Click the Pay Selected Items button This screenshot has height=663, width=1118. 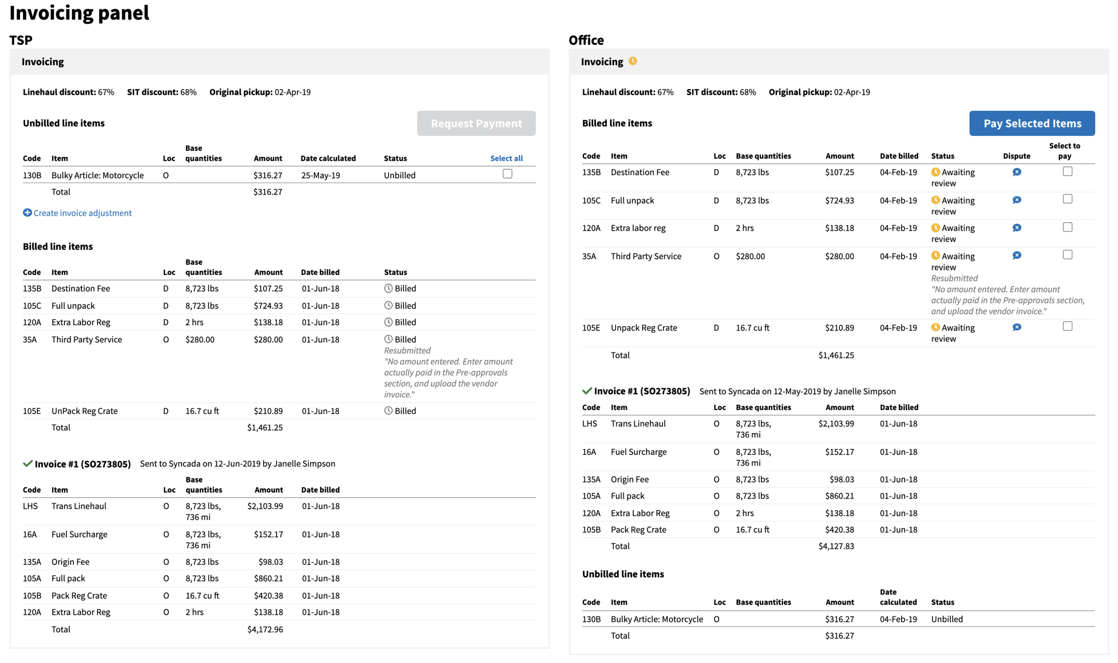coord(1032,123)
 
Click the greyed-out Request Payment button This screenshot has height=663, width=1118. coord(476,123)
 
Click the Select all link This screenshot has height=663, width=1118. coord(506,158)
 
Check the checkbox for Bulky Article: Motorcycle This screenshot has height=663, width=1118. coord(507,173)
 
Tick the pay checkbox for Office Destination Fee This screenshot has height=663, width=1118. coord(1067,171)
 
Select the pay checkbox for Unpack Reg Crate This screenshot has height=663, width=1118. coord(1067,326)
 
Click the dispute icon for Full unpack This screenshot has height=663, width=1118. coord(1016,200)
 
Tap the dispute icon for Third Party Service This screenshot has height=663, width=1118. coord(1016,255)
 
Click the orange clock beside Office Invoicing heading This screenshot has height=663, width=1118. coord(632,61)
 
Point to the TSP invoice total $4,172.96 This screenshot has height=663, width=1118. coord(265,629)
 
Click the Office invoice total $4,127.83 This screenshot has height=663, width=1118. coord(836,546)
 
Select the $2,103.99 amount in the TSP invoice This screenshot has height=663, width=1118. coord(265,506)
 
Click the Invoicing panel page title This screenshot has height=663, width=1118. coord(79,13)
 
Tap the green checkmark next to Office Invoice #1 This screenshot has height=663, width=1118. coord(587,391)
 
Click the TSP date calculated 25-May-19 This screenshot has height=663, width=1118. coord(320,175)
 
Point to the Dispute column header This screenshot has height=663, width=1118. coord(1016,156)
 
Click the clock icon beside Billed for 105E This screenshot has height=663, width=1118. coord(388,410)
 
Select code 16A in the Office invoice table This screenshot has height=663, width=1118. coord(589,452)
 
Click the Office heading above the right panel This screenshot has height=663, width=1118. coord(586,40)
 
